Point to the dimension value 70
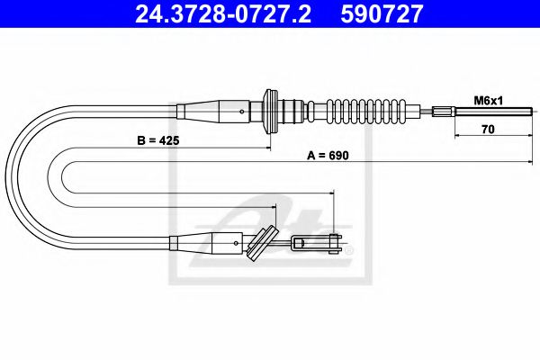[486, 128]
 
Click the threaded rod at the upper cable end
[490, 112]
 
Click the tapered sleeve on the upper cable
[216, 112]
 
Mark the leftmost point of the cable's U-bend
[6, 176]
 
